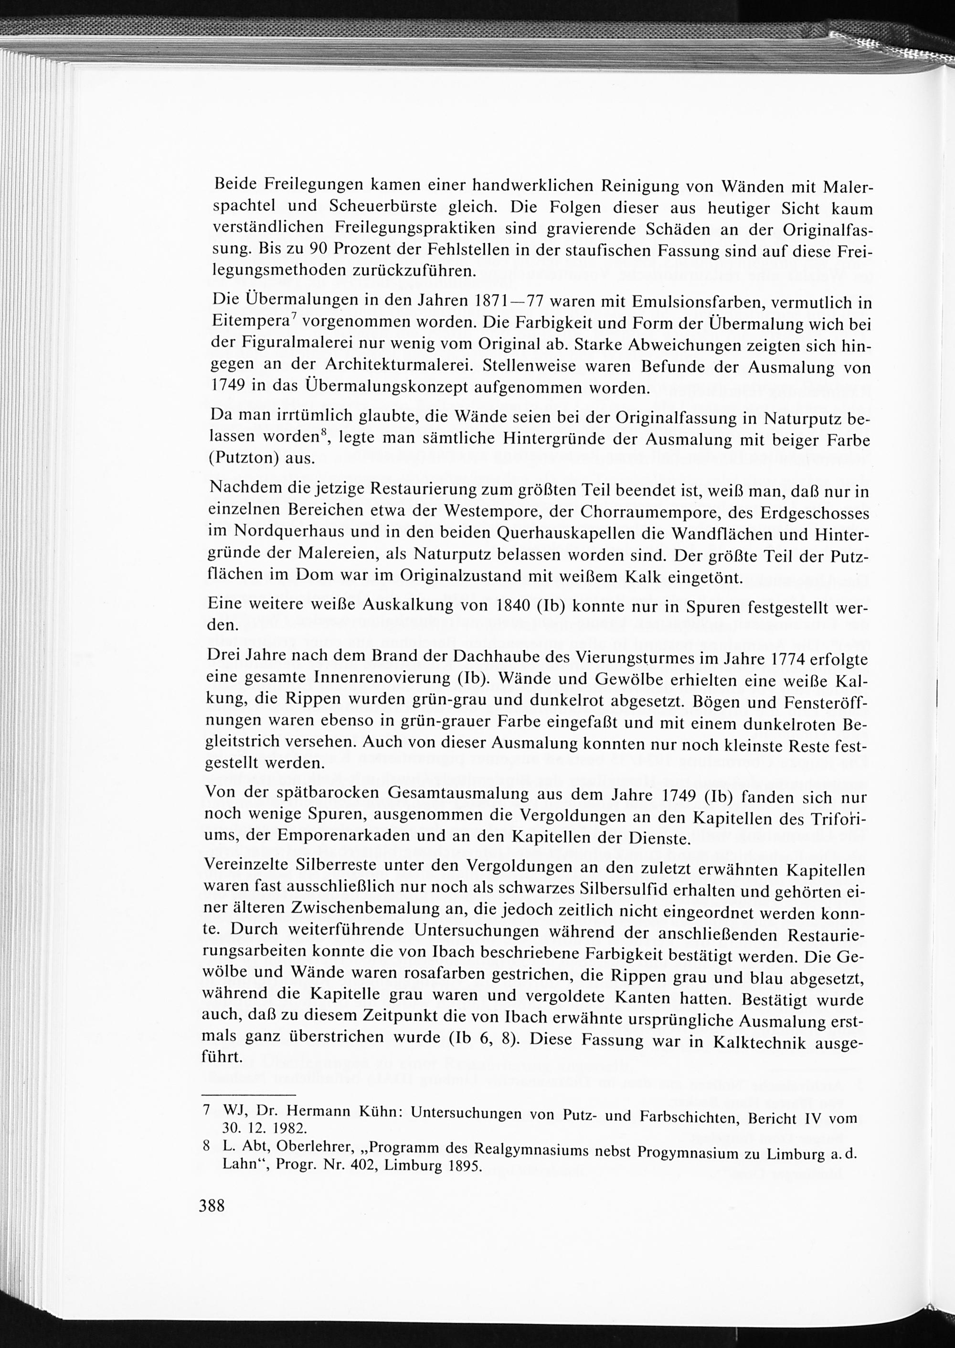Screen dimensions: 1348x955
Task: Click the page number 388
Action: (212, 1205)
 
